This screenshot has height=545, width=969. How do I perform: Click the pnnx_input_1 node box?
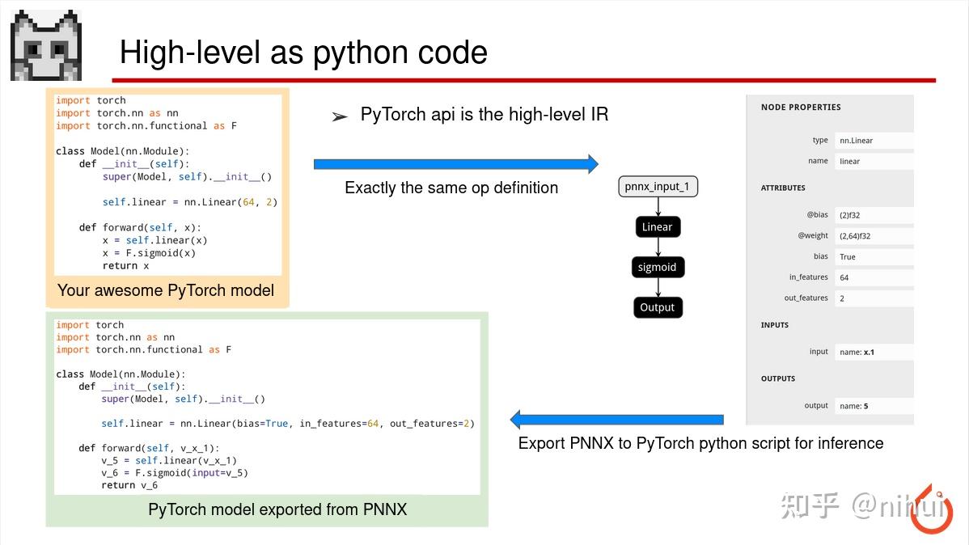pos(658,187)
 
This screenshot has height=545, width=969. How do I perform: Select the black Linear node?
pos(658,227)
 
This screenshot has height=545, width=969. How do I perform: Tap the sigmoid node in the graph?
pos(658,268)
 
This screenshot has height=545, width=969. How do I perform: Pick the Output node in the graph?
pos(658,307)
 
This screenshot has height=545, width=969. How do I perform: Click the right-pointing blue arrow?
pos(455,164)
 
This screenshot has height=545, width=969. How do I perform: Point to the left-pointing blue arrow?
pos(616,420)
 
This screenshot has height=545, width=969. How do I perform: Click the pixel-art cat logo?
pos(45,45)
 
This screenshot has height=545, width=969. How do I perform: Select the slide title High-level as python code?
pos(303,53)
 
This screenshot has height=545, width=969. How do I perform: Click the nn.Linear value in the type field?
pos(856,141)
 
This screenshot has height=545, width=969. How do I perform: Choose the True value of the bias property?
pos(847,257)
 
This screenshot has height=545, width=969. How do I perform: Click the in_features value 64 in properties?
pos(844,277)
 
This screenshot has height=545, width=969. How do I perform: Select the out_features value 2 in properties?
pos(842,298)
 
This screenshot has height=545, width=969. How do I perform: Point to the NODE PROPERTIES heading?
pos(801,108)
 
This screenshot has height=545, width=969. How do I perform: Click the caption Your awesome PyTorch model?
pos(166,290)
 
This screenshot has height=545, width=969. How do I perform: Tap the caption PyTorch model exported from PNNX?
pos(277,509)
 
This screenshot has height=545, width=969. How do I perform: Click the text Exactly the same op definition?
pos(451,188)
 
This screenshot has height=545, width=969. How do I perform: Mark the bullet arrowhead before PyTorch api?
pos(340,117)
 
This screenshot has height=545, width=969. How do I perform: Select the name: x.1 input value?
pos(857,353)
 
